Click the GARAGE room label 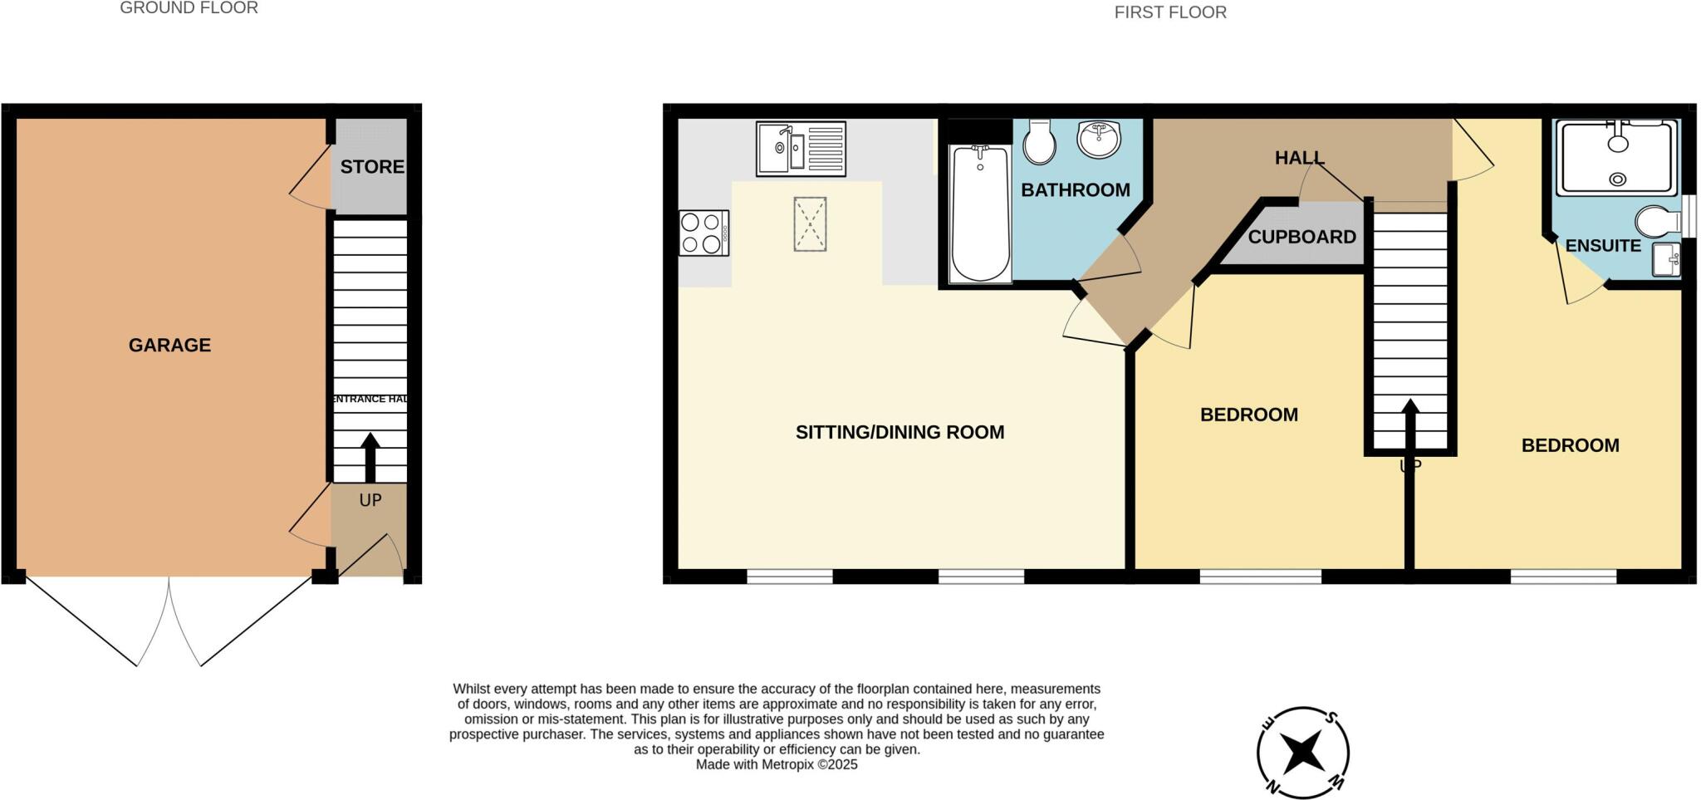click(x=169, y=345)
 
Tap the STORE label click(x=371, y=166)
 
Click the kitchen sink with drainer click(x=801, y=149)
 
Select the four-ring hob click(x=703, y=233)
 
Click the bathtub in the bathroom click(x=980, y=213)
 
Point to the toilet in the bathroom click(x=1039, y=142)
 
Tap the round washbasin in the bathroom click(x=1099, y=139)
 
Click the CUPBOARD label click(x=1301, y=237)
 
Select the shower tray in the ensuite click(x=1617, y=158)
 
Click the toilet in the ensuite click(x=1658, y=222)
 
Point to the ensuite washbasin click(x=1665, y=260)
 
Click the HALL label click(x=1299, y=157)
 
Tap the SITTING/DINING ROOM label click(x=900, y=432)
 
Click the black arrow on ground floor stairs click(x=370, y=457)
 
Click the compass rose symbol click(x=1302, y=753)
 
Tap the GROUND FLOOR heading click(x=189, y=8)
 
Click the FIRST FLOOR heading click(x=1169, y=12)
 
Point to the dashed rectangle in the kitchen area click(x=810, y=223)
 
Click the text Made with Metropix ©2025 click(x=776, y=764)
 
